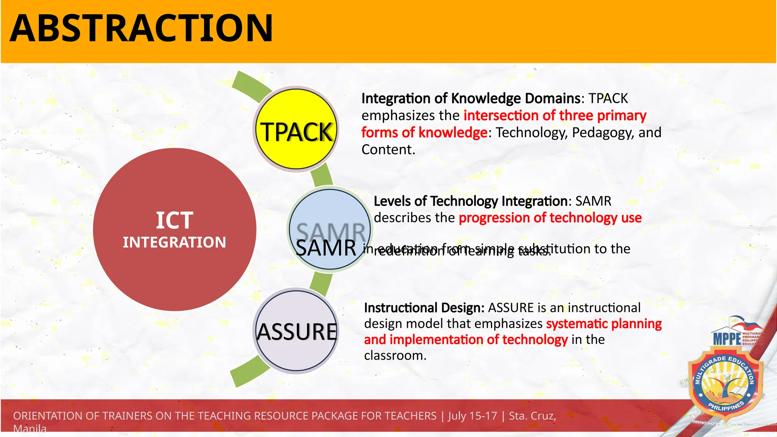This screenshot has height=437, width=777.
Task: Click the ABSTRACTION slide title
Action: [x=141, y=28]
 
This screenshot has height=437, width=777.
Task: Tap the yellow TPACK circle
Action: [x=296, y=129]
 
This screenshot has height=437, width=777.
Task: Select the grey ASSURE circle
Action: [x=296, y=331]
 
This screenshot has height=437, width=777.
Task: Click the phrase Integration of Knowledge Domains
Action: [x=470, y=99]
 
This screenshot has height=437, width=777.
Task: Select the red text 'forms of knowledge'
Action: [x=424, y=133]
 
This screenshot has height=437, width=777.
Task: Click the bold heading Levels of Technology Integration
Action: [x=470, y=201]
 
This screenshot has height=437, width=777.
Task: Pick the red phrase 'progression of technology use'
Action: [x=550, y=218]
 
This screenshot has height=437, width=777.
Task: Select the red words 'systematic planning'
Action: [x=604, y=324]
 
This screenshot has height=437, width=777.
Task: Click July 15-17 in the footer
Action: [x=472, y=416]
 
